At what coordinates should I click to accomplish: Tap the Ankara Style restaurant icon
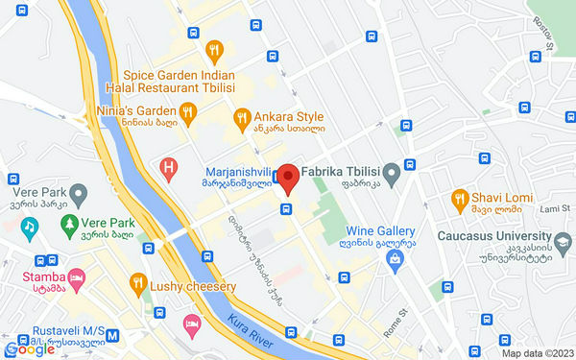click(243, 118)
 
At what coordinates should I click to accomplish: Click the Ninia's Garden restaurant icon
click(188, 112)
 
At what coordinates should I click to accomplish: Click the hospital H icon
click(169, 171)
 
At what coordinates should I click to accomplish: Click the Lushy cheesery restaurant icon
click(139, 284)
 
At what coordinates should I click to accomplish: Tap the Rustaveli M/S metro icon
click(113, 337)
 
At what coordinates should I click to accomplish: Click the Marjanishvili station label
click(234, 175)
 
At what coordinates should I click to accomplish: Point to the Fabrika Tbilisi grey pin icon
click(392, 173)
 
